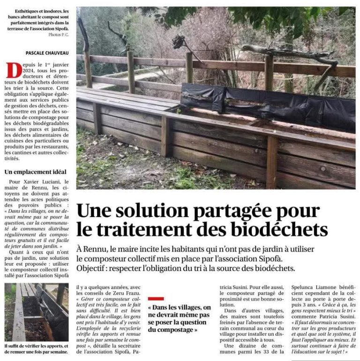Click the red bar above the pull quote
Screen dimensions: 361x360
[156, 298]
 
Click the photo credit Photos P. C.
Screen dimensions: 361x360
[58, 35]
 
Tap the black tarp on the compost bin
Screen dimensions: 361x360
[267, 107]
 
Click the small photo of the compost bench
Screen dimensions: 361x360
[36, 312]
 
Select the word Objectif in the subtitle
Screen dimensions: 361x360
[92, 268]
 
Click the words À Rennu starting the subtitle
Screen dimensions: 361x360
[90, 248]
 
